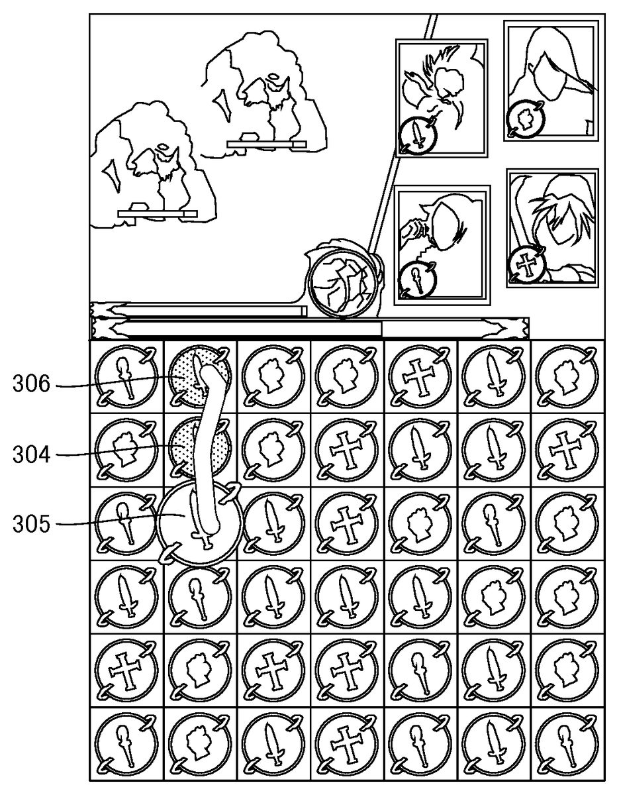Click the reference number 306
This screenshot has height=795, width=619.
31,384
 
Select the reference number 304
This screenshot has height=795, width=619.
31,454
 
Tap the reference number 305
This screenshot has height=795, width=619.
31,524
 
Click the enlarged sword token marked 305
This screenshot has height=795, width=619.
200,523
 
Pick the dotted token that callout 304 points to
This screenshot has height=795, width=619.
200,449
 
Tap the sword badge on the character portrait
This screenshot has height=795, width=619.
417,134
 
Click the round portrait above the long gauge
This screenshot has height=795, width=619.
344,282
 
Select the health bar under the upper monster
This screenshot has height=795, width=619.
267,144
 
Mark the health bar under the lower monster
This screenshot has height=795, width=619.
158,214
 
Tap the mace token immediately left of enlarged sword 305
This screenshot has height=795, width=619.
126,523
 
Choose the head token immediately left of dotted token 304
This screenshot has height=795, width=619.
126,449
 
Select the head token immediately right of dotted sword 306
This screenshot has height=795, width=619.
273,377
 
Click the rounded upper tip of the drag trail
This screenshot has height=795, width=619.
209,370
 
